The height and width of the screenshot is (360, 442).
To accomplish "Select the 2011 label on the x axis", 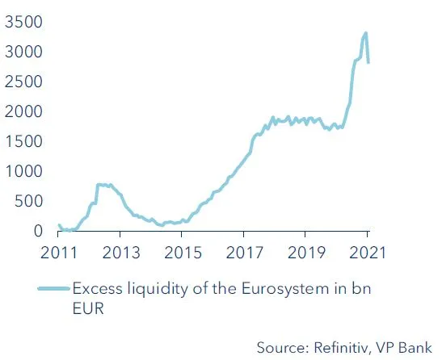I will [58, 251].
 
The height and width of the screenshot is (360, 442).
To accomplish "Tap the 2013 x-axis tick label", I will [120, 251].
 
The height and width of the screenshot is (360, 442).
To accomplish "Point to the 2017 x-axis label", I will [243, 251].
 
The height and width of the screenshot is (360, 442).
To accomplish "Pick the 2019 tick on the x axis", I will [305, 251].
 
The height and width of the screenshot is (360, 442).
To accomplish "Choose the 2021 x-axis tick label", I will [367, 251].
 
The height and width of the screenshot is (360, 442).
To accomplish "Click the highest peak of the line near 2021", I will [365, 33].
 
